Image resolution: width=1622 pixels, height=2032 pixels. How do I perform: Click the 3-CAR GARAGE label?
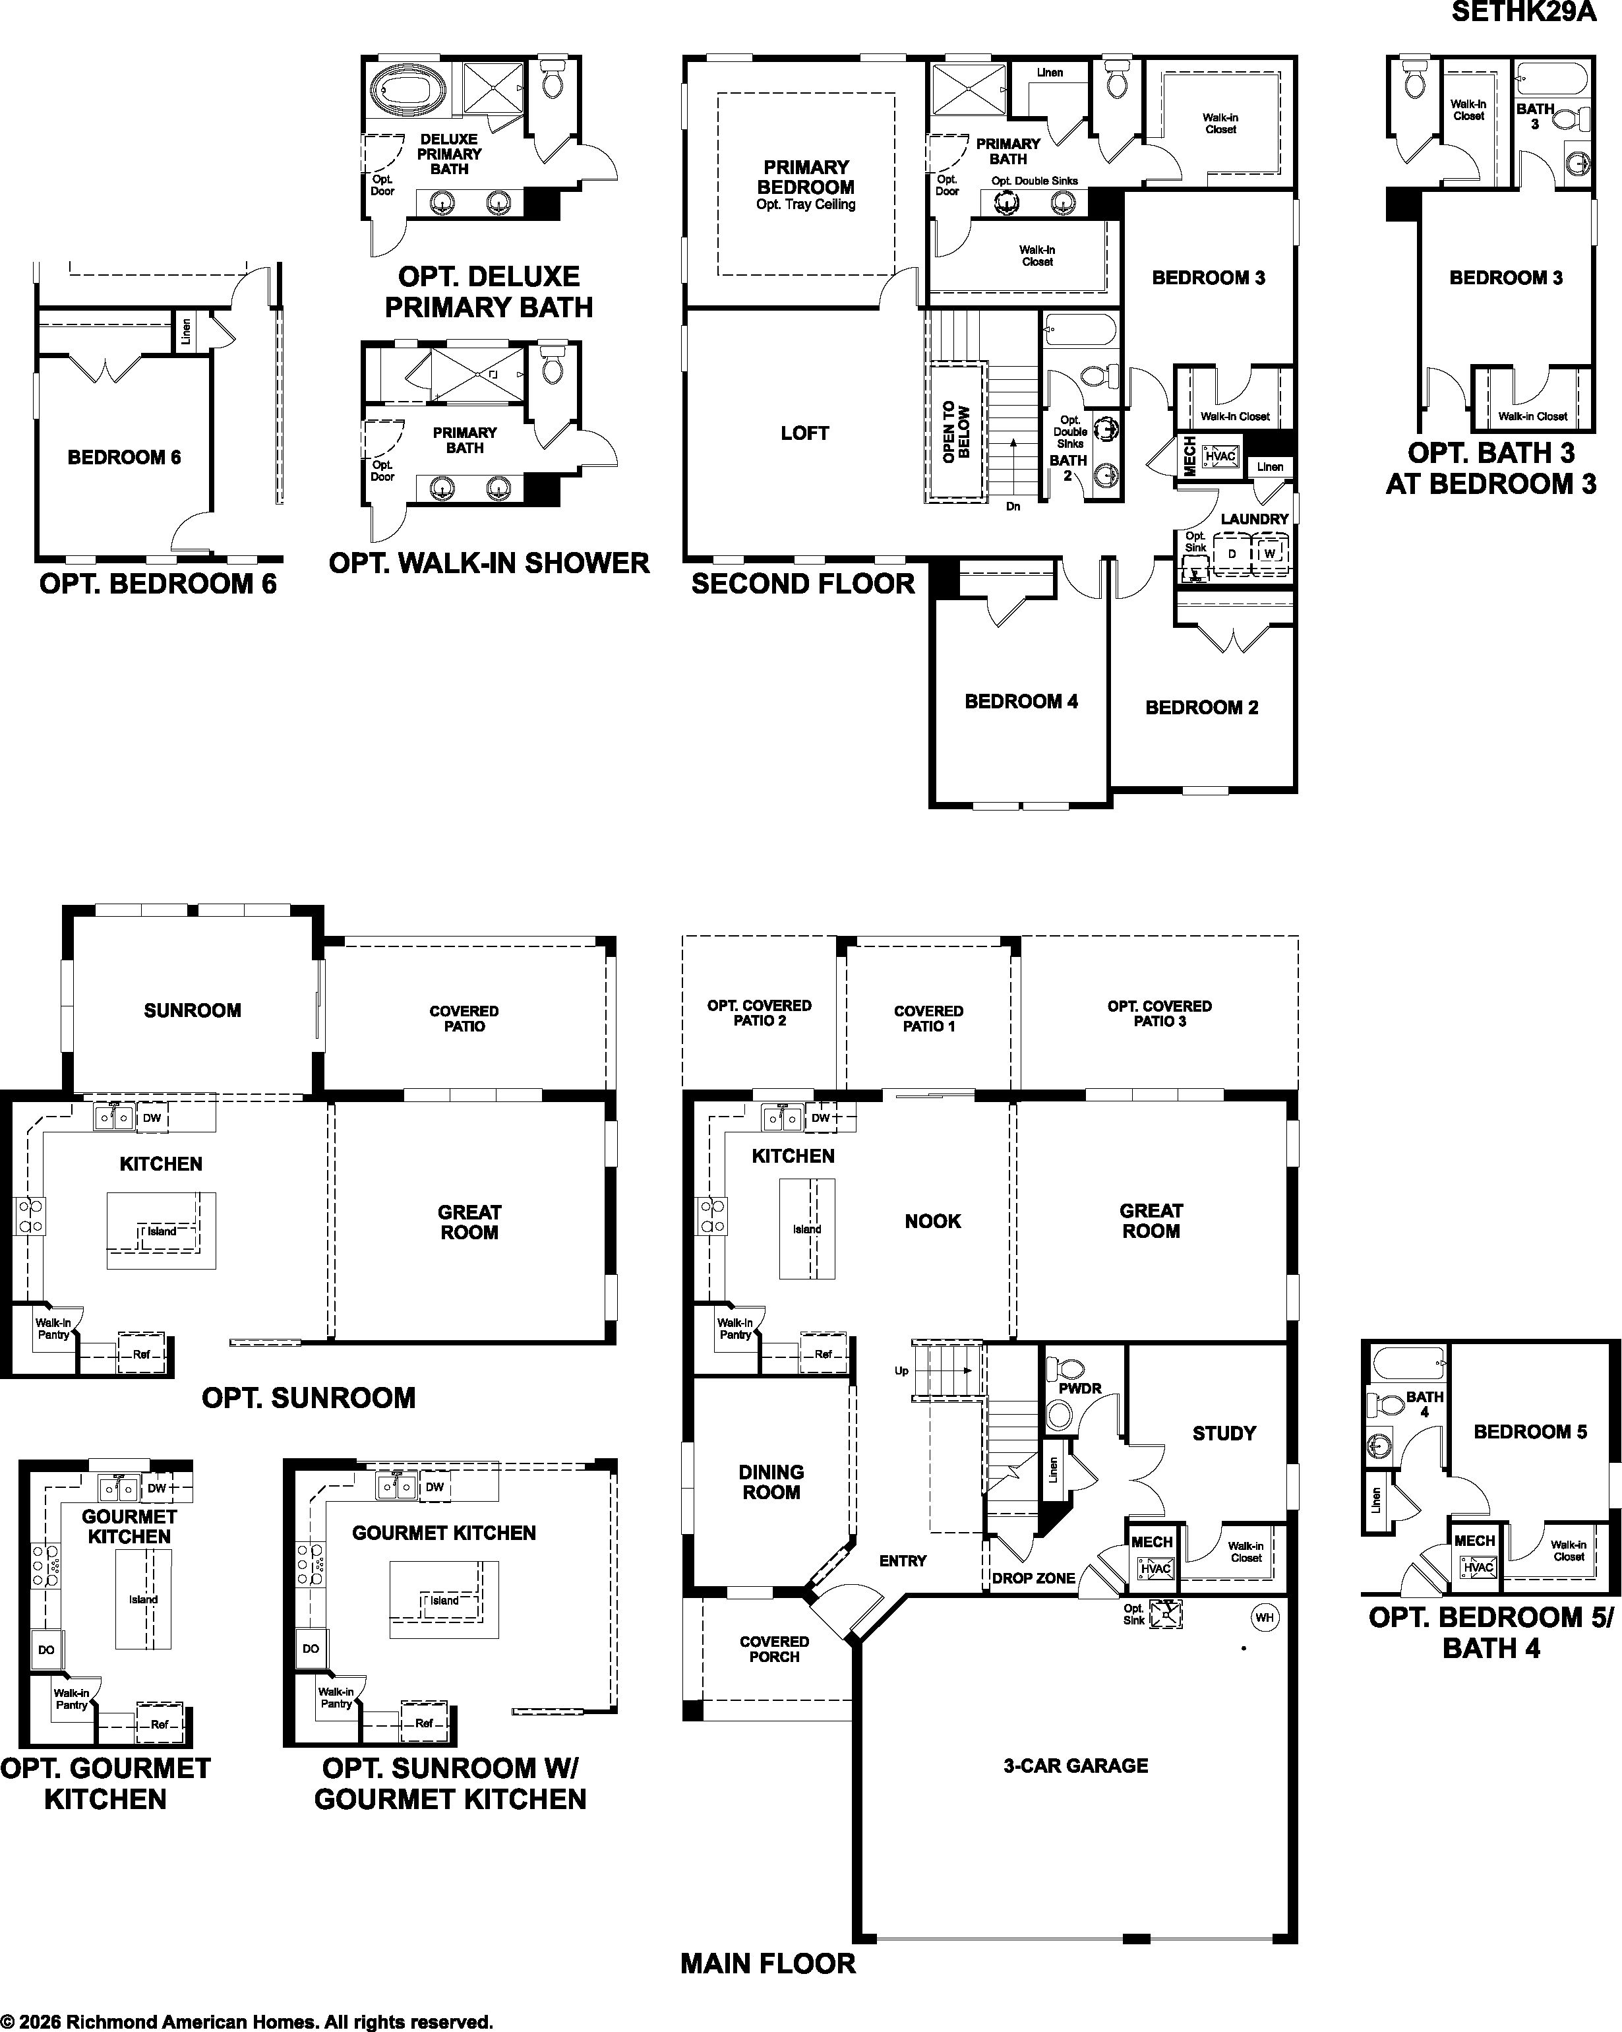point(1075,1766)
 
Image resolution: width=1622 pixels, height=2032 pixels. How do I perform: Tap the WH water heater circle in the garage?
point(1264,1617)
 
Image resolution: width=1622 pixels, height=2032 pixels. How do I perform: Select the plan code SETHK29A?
point(1524,13)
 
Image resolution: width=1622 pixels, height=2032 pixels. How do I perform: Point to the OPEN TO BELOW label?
point(955,431)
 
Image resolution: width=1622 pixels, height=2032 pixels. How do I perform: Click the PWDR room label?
point(1079,1388)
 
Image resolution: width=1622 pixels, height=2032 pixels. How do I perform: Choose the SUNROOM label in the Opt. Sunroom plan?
point(193,1010)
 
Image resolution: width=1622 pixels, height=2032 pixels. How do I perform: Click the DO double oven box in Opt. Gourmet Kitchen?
point(46,1649)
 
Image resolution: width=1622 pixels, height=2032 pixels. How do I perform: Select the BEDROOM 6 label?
point(125,457)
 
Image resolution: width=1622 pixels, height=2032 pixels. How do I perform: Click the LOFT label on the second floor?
point(804,433)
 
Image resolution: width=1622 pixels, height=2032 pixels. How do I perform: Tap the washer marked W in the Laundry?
point(1269,553)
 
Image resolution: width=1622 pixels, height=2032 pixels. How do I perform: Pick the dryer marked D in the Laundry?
point(1231,553)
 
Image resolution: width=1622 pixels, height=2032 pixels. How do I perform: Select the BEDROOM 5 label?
point(1530,1432)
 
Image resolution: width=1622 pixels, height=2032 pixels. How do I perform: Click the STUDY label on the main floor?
point(1224,1434)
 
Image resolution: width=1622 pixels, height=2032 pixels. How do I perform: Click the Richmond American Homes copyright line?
point(247,2021)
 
